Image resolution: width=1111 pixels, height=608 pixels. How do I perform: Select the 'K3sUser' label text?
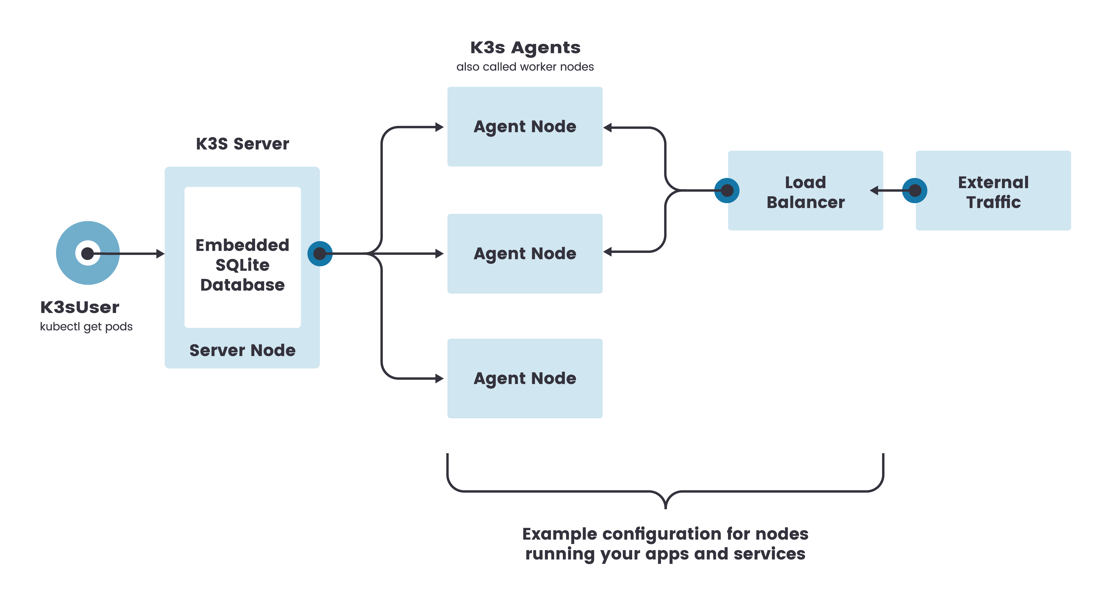pyautogui.click(x=80, y=307)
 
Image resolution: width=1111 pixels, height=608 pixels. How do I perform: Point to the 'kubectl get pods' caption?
pyautogui.click(x=86, y=327)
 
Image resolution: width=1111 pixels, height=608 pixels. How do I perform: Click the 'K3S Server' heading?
pyautogui.click(x=242, y=144)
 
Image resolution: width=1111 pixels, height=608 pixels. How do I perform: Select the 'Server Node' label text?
pyautogui.click(x=242, y=350)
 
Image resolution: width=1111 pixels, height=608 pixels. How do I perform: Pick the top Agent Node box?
pyautogui.click(x=525, y=126)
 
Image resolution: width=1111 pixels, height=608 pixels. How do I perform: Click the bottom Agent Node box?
pyautogui.click(x=525, y=378)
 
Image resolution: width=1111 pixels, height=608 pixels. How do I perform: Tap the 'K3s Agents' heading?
pyautogui.click(x=525, y=47)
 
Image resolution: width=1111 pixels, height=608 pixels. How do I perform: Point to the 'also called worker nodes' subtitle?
pyautogui.click(x=525, y=67)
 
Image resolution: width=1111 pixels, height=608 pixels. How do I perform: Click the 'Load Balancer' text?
pyautogui.click(x=805, y=192)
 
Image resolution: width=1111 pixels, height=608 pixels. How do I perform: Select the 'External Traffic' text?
pyautogui.click(x=993, y=192)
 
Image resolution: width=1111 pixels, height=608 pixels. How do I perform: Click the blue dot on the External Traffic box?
pyautogui.click(x=915, y=190)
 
